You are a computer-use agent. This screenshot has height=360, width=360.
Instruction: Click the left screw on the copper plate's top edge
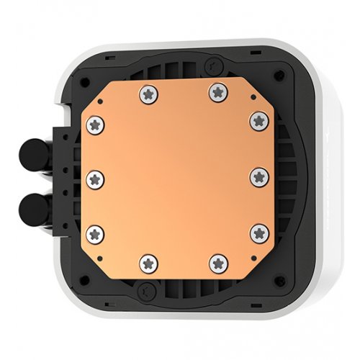tap(150, 91)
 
